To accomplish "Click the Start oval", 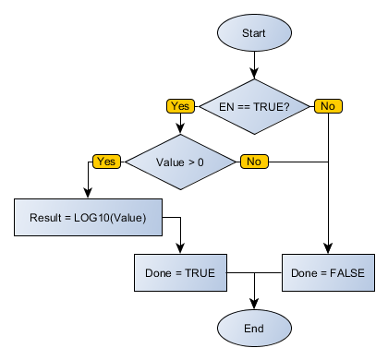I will [x=254, y=33].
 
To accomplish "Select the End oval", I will [x=254, y=328].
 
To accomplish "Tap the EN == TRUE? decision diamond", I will [x=254, y=106].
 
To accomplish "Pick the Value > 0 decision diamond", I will [x=179, y=162].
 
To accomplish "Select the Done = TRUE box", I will [x=179, y=273].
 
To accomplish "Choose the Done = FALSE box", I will [x=328, y=273].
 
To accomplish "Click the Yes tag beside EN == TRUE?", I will [x=179, y=106].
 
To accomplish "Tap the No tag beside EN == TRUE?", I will [x=327, y=106].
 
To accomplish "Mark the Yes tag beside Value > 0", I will [x=105, y=162].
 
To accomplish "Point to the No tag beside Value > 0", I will [x=253, y=162].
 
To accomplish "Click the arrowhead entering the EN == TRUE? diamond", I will [x=254, y=75].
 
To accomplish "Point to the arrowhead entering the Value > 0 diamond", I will [x=179, y=130].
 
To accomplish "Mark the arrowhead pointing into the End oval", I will [x=254, y=304].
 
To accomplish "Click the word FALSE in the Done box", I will [x=346, y=273].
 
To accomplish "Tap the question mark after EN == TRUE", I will [x=286, y=106].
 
